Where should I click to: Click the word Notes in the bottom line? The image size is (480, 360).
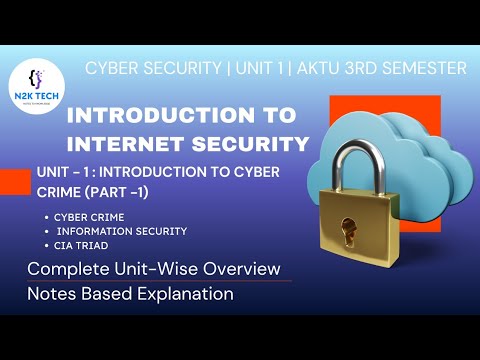pyautogui.click(x=51, y=294)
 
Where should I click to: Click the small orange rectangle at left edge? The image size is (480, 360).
pyautogui.click(x=15, y=181)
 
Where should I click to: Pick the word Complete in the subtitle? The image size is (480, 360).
pyautogui.click(x=69, y=269)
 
